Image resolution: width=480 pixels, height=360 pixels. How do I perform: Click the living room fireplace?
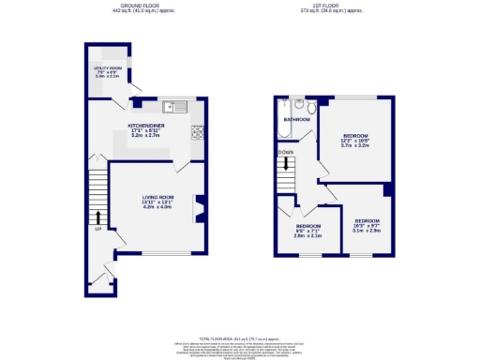pos(199,207)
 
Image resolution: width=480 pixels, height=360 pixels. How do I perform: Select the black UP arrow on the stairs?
pos(97,216)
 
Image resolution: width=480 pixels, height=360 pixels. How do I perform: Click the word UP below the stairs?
pos(97,228)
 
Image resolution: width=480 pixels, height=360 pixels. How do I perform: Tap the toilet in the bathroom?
pos(310,106)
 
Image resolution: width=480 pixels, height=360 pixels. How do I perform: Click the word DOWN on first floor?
pos(286,152)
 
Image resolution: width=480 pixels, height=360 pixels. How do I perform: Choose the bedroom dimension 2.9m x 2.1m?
pos(308,235)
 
